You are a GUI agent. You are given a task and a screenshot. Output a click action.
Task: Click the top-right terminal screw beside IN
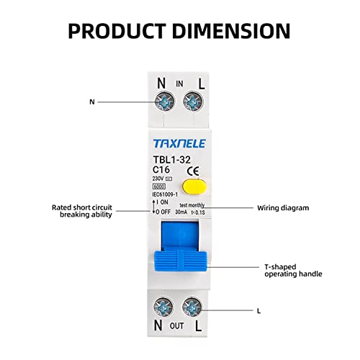[x=191, y=102]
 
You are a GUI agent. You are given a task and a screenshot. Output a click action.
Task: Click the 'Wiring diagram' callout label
[x=283, y=208]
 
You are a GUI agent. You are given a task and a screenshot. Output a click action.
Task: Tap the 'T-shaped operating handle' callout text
[x=292, y=269]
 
